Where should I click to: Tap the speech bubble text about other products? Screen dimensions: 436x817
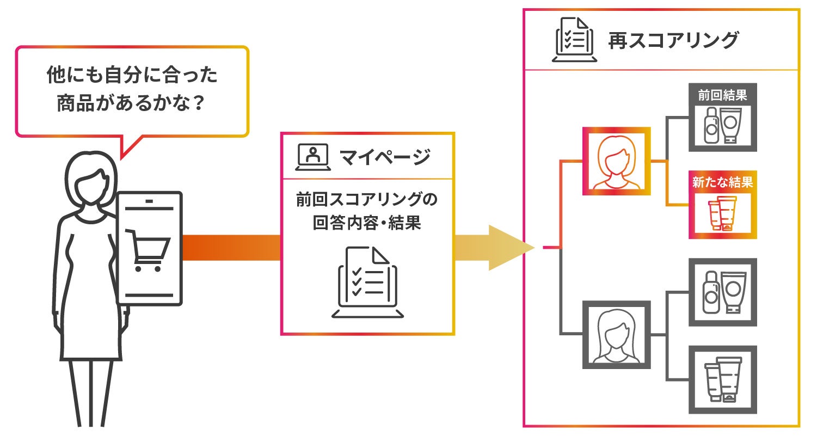coord(132,89)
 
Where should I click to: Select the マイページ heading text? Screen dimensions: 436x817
coord(385,157)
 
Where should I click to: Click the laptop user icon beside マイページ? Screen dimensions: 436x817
coord(312,156)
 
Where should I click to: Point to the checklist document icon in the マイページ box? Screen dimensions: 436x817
coord(367,282)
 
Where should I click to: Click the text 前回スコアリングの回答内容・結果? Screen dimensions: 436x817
coord(367,212)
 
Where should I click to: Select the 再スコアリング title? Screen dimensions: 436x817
coord(673,41)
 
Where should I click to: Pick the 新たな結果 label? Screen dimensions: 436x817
coord(722,182)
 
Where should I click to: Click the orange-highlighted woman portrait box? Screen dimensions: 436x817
coord(616,161)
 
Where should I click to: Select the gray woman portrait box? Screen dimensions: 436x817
coord(616,334)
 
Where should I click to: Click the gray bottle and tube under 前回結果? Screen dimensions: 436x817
coord(722,125)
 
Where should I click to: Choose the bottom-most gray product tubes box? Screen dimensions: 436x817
coord(722,379)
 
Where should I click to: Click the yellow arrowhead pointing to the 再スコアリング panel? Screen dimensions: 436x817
coord(509,248)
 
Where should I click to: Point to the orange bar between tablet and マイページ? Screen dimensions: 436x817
coord(231,248)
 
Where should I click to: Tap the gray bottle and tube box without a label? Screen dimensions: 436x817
coord(722,292)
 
